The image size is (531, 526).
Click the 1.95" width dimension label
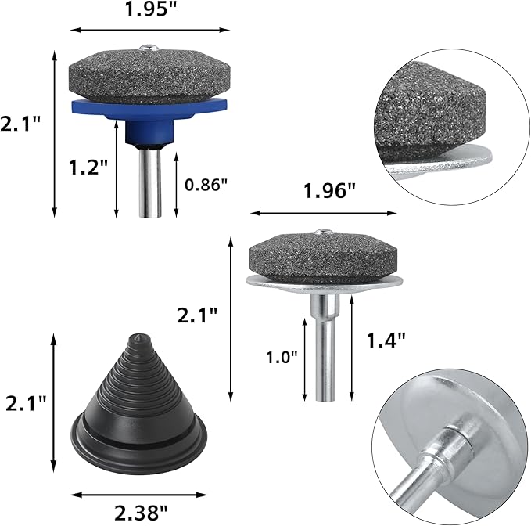(x=151, y=9)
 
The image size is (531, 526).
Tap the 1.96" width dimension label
(x=329, y=191)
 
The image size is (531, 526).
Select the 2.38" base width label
(x=141, y=513)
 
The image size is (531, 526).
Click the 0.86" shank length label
(x=206, y=185)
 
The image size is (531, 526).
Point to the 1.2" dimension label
(x=88, y=167)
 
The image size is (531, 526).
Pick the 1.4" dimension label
(x=386, y=340)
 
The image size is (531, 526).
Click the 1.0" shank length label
(x=282, y=357)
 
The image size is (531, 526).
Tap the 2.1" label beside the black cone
(x=26, y=403)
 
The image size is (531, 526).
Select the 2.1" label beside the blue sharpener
(x=20, y=124)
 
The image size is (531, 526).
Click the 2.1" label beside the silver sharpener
(x=197, y=316)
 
